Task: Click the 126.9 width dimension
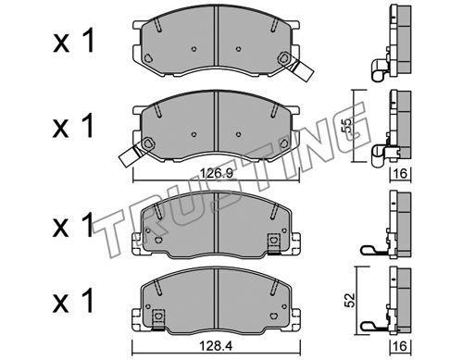pos(217,173)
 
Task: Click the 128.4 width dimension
pos(217,346)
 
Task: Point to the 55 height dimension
pos(347,126)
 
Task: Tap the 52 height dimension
pos(350,300)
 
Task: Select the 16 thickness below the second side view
pos(400,174)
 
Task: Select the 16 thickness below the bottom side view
pos(400,346)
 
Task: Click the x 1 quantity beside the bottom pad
pos(73,301)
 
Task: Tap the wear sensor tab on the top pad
pos(303,71)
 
